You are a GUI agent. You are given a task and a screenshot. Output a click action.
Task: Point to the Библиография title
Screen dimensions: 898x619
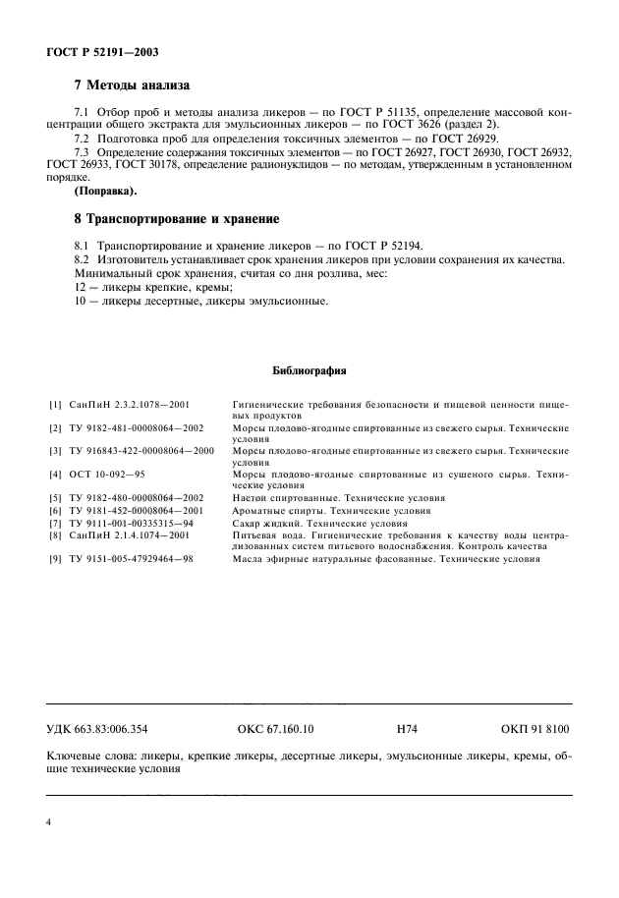[x=309, y=371]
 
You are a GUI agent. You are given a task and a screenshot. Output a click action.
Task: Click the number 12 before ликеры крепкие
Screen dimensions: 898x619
[x=53, y=287]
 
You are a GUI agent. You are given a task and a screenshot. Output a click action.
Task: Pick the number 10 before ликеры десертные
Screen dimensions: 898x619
[x=53, y=301]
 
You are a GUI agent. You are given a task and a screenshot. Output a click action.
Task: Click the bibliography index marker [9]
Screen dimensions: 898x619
[x=55, y=559]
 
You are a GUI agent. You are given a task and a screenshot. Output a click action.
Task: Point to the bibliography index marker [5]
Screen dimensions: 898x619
[x=55, y=499]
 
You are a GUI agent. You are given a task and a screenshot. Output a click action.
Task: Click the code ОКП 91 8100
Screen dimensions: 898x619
[x=535, y=730]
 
